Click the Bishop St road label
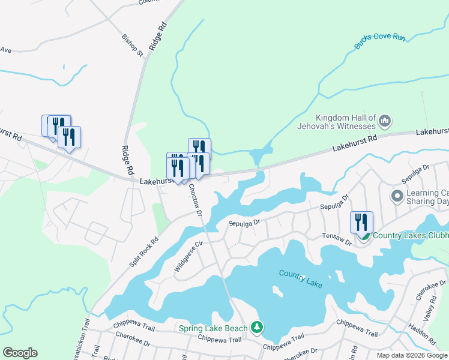pyautogui.click(x=133, y=46)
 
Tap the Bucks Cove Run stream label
pyautogui.click(x=380, y=41)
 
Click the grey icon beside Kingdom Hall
pyautogui.click(x=385, y=122)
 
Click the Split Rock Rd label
pyautogui.click(x=144, y=252)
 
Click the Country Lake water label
pyautogui.click(x=301, y=277)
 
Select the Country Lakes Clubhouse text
pyautogui.click(x=411, y=235)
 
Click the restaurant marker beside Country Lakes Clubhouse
pyautogui.click(x=361, y=223)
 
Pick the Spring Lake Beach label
pyautogui.click(x=213, y=328)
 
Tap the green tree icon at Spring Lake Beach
pyautogui.click(x=257, y=327)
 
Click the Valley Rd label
pyautogui.click(x=429, y=311)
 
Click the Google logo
pyautogui.click(x=20, y=352)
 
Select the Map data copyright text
pyautogui.click(x=412, y=355)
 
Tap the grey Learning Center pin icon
pyautogui.click(x=396, y=196)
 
